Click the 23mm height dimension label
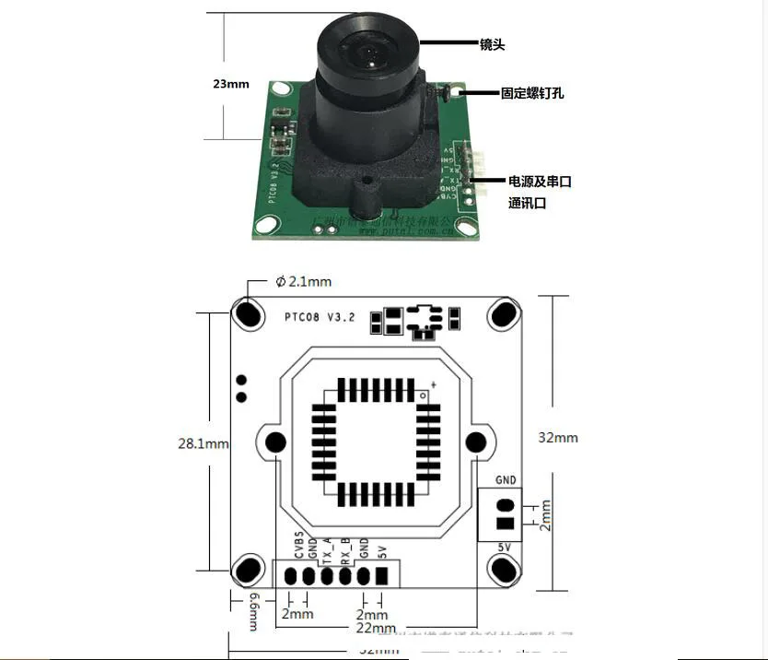pos(230,84)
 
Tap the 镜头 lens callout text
pos(493,44)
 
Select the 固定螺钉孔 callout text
pos(532,93)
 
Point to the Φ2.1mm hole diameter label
pos(303,281)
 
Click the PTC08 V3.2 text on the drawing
pos(319,316)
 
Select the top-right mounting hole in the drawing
pos(503,314)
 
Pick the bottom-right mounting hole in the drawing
pos(503,572)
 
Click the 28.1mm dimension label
pos(203,443)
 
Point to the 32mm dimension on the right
pos(558,437)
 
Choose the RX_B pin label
pos(345,548)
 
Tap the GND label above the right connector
pos(506,479)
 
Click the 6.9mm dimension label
pos(255,611)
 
